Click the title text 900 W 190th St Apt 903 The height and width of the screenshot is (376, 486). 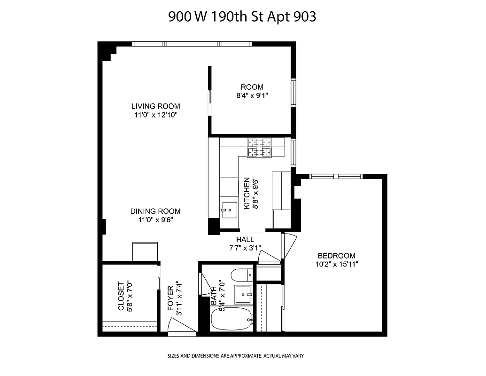(242, 17)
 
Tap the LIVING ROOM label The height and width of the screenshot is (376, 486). (155, 106)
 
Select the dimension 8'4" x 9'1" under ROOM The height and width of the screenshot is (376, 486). (252, 95)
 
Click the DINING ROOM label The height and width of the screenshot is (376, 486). (155, 211)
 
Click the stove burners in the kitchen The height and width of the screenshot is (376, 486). (260, 147)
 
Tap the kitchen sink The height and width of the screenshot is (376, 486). (230, 208)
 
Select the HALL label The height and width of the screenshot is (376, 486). (245, 240)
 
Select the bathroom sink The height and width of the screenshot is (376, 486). (244, 295)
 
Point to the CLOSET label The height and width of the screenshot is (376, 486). (121, 296)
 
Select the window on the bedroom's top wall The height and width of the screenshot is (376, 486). (336, 177)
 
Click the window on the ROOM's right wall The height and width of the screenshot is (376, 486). (294, 93)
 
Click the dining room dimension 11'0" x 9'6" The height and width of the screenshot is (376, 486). (155, 219)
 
